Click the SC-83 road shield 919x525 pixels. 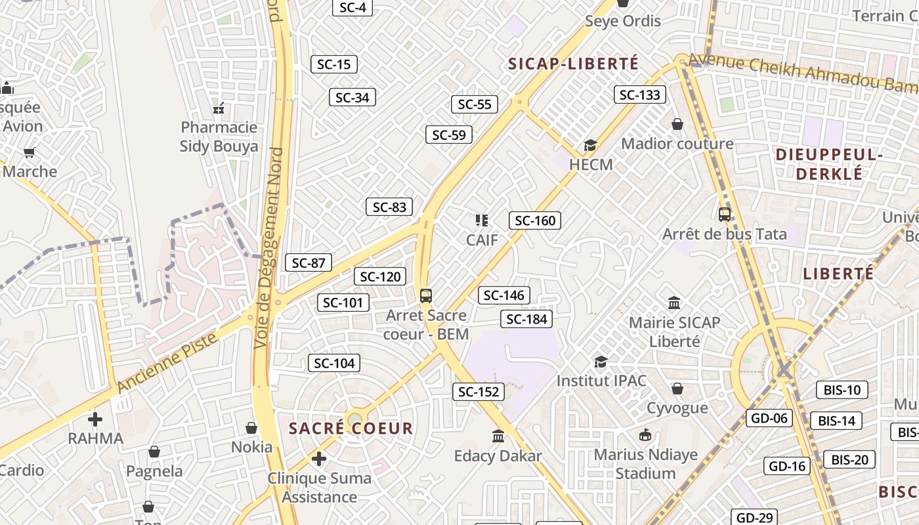click(x=389, y=207)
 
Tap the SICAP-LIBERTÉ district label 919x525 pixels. click(x=573, y=64)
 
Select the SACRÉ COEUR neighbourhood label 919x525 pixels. click(x=351, y=429)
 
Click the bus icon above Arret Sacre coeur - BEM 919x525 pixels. click(x=426, y=295)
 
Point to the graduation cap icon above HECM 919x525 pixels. click(x=591, y=145)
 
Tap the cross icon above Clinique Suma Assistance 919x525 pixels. click(x=319, y=458)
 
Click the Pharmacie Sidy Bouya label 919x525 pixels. click(x=219, y=136)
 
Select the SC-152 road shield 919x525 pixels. click(x=479, y=392)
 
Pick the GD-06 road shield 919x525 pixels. click(x=769, y=418)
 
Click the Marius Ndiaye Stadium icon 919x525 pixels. click(x=645, y=434)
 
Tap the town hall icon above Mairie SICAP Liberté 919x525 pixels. click(x=674, y=303)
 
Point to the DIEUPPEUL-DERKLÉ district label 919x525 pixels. click(x=829, y=164)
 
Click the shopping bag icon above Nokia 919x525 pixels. click(x=251, y=428)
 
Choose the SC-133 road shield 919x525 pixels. click(x=640, y=94)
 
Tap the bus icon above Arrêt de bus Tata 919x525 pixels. click(x=725, y=214)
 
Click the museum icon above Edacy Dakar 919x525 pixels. click(x=498, y=436)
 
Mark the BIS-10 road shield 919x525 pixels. click(x=842, y=390)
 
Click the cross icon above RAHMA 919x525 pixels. click(x=95, y=419)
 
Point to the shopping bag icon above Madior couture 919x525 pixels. click(x=677, y=124)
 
